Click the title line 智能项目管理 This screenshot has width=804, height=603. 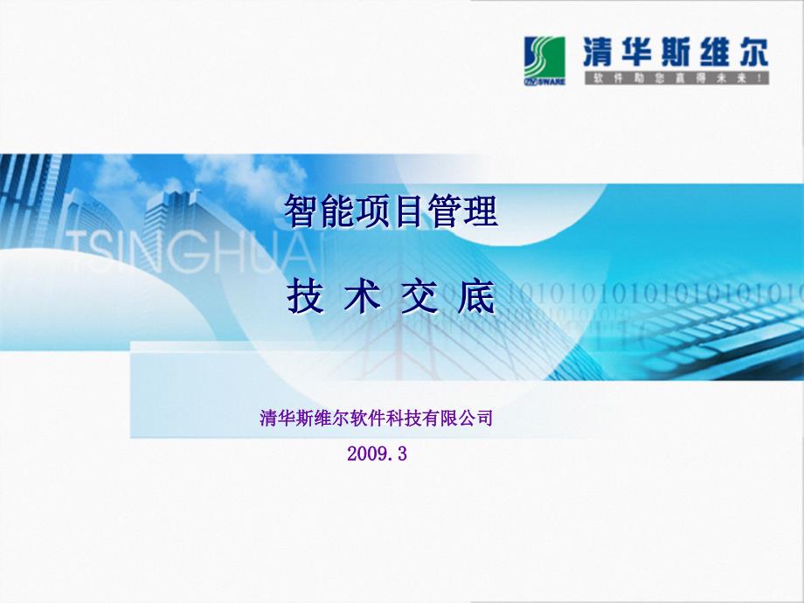[391, 212]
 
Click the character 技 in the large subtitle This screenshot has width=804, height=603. [301, 300]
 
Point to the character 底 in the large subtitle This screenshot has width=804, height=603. [476, 300]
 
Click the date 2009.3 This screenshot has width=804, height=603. [377, 454]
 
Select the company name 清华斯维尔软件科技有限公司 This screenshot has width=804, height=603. [377, 419]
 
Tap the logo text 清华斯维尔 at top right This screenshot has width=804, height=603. [675, 52]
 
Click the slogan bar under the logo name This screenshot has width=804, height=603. [675, 78]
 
